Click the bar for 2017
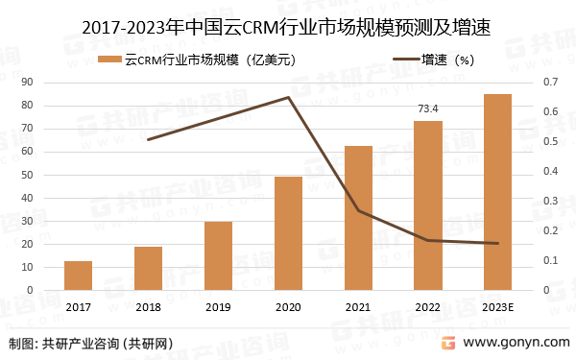click(x=79, y=276)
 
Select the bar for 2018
click(x=148, y=269)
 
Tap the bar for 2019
click(x=218, y=256)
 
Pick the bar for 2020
click(x=288, y=233)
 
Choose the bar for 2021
click(x=358, y=218)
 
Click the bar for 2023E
click(x=497, y=192)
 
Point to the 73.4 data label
click(x=427, y=108)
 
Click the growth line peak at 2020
click(x=289, y=97)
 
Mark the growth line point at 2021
click(x=358, y=210)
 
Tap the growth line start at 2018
click(x=148, y=140)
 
